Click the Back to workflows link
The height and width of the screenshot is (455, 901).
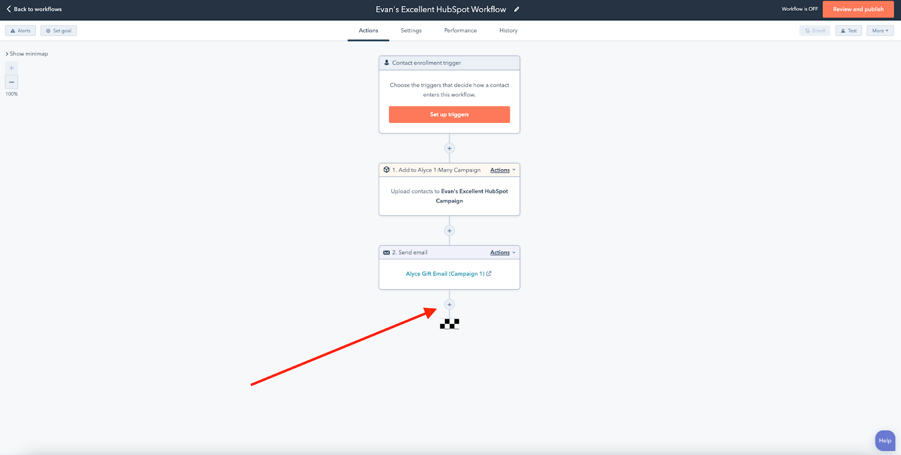coord(34,9)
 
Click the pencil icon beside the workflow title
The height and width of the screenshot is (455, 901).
coord(516,9)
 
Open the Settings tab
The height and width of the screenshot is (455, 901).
coord(411,30)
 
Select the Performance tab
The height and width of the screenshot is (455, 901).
coord(460,30)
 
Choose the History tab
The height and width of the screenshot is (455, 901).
coord(509,30)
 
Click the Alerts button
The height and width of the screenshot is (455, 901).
coord(20,30)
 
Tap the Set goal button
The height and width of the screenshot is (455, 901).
coord(59,30)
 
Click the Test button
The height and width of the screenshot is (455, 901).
coord(849,30)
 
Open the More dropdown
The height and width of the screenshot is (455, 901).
coord(880,30)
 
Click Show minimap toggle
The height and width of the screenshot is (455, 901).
coord(27,54)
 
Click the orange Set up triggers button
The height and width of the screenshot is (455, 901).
coord(449,114)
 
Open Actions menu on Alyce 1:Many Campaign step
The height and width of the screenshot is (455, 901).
coord(502,170)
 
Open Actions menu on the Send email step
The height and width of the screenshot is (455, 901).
coord(502,253)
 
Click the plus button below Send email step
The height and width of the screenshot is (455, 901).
coord(449,304)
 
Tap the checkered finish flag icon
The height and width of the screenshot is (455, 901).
coord(449,324)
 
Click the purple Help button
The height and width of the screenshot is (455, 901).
coord(885,440)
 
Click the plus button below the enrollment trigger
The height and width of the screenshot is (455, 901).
coord(449,148)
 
